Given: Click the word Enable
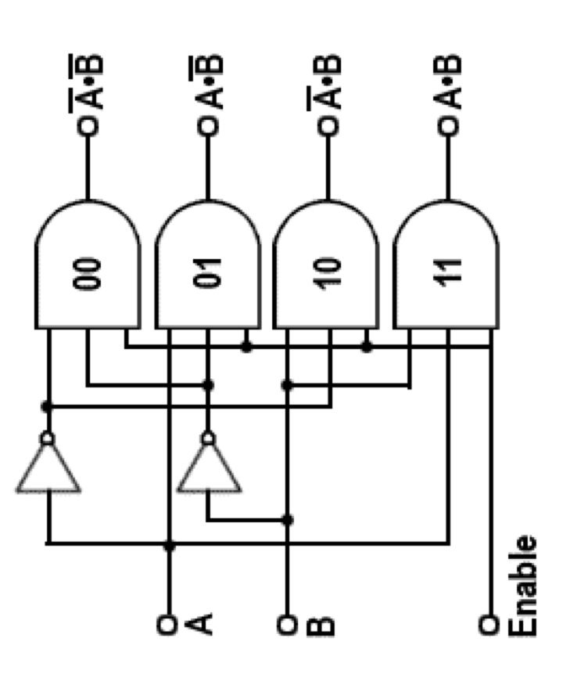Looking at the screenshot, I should pyautogui.click(x=522, y=584).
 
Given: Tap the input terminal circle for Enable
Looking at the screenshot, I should pyautogui.click(x=489, y=624).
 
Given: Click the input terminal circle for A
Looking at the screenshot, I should pyautogui.click(x=167, y=624).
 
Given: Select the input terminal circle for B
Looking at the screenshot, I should pyautogui.click(x=287, y=624).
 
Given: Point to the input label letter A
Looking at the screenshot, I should pyautogui.click(x=199, y=624).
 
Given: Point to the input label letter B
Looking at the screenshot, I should pyautogui.click(x=320, y=626).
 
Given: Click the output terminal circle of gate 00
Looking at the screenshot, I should pyautogui.click(x=88, y=125).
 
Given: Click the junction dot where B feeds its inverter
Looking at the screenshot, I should pyautogui.click(x=287, y=519).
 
